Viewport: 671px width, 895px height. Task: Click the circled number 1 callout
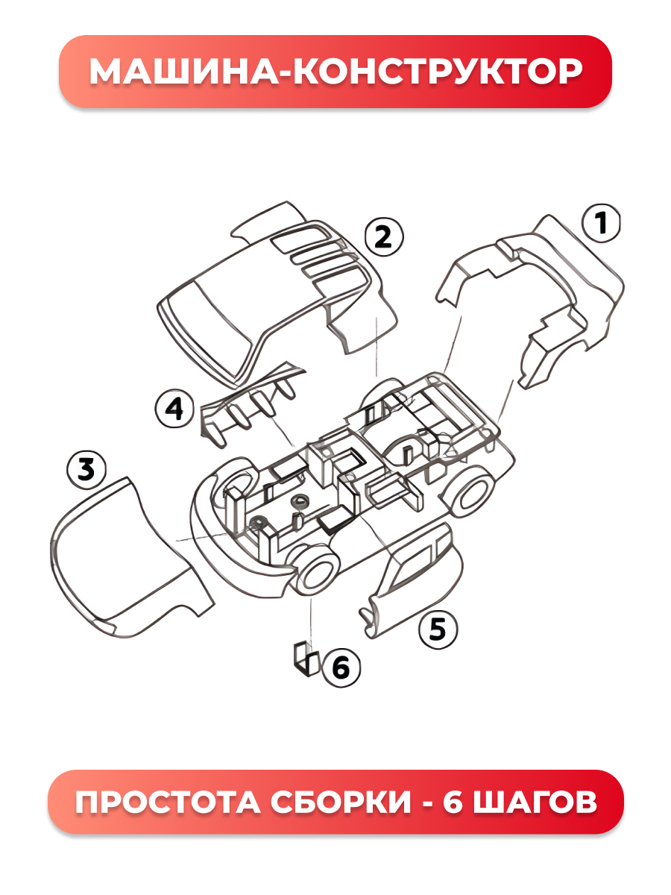[x=601, y=223]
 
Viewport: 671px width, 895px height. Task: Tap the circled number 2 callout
[x=383, y=237]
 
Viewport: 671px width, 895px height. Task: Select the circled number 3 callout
[x=86, y=470]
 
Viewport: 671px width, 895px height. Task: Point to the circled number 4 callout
[x=174, y=409]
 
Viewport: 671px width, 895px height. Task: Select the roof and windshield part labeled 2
[x=277, y=294]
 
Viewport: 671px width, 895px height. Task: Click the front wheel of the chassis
[x=317, y=574]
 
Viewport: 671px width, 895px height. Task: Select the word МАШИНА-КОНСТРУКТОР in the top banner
[x=335, y=72]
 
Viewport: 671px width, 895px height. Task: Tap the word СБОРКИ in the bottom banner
[x=341, y=802]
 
